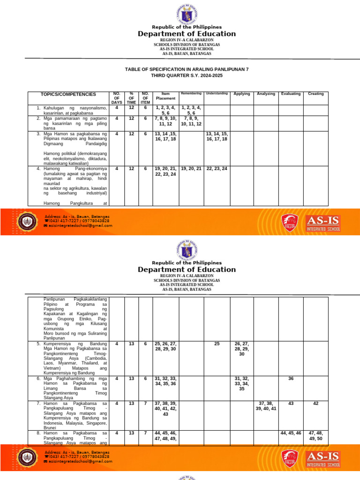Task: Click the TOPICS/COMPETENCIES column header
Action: [x=68, y=94]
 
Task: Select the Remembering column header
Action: [x=191, y=94]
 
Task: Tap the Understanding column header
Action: [x=217, y=94]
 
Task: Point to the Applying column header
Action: [x=242, y=94]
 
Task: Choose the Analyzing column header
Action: [x=266, y=94]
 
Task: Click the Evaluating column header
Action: [x=291, y=94]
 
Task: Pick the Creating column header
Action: [x=315, y=94]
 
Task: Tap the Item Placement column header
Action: [x=165, y=96]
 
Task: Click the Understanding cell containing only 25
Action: [x=217, y=344]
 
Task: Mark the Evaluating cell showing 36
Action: [x=291, y=378]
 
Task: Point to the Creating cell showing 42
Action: [x=315, y=403]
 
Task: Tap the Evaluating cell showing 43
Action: [x=291, y=403]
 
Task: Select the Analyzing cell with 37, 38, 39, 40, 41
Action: [x=266, y=406]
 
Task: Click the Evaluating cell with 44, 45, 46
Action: [x=291, y=433]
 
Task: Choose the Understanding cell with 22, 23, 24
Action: [x=217, y=168]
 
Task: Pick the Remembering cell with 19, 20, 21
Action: [x=191, y=168]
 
